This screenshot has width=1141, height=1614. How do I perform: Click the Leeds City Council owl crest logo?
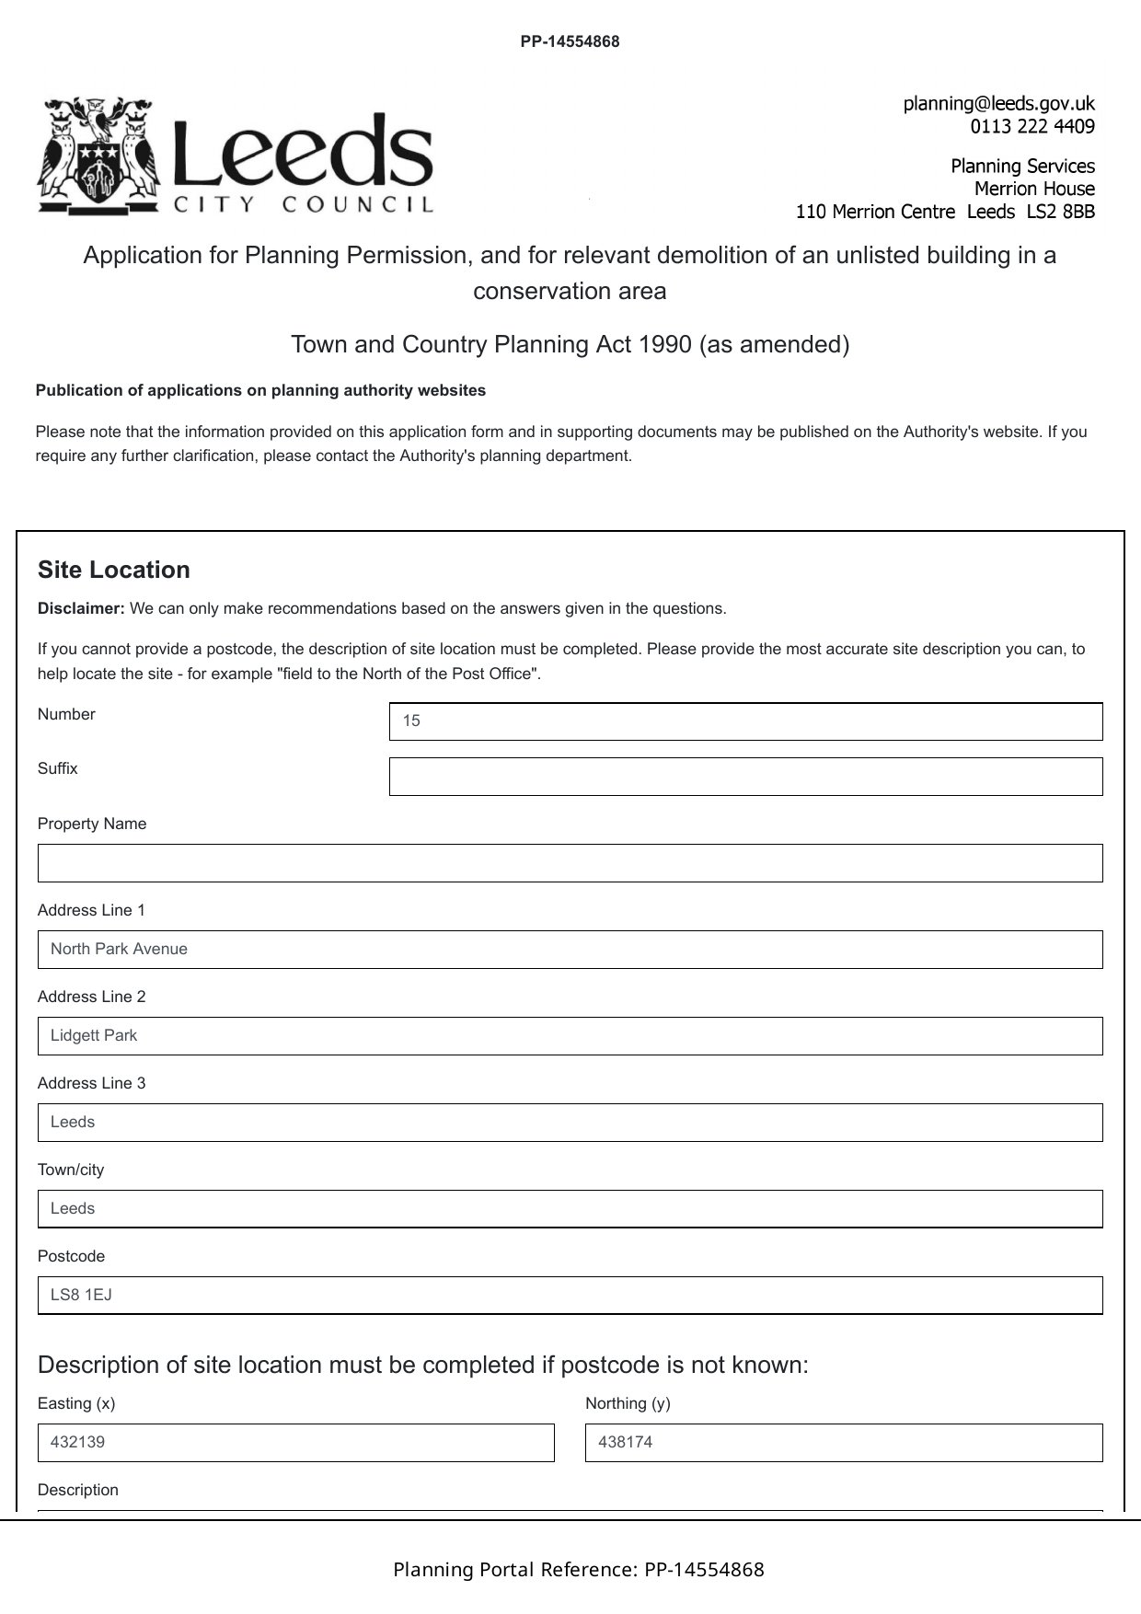pyautogui.click(x=98, y=155)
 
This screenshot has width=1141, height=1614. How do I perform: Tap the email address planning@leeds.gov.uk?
pyautogui.click(x=998, y=104)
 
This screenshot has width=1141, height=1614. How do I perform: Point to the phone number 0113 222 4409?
pyautogui.click(x=1032, y=127)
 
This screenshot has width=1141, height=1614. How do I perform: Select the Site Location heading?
pyautogui.click(x=114, y=571)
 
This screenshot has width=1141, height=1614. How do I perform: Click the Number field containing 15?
pyautogui.click(x=745, y=721)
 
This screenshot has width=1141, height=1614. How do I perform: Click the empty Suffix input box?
pyautogui.click(x=745, y=777)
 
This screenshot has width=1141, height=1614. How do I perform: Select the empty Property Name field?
pyautogui.click(x=570, y=863)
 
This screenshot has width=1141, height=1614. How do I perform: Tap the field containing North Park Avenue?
pyautogui.click(x=570, y=950)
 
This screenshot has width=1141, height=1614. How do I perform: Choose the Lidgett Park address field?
pyautogui.click(x=570, y=1036)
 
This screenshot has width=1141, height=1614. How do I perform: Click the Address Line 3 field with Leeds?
pyautogui.click(x=570, y=1123)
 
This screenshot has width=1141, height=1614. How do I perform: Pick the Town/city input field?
pyautogui.click(x=570, y=1209)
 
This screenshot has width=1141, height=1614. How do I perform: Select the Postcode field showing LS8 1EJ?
pyautogui.click(x=570, y=1296)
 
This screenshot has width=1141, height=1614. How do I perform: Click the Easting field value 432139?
pyautogui.click(x=295, y=1443)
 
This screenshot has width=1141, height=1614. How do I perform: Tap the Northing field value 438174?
pyautogui.click(x=843, y=1443)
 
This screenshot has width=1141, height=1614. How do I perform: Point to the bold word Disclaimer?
pyautogui.click(x=80, y=609)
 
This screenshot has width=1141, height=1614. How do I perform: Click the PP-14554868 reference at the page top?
pyautogui.click(x=570, y=41)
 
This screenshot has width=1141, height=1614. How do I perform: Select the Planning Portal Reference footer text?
pyautogui.click(x=578, y=1570)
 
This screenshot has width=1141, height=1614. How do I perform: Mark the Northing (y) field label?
pyautogui.click(x=628, y=1404)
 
